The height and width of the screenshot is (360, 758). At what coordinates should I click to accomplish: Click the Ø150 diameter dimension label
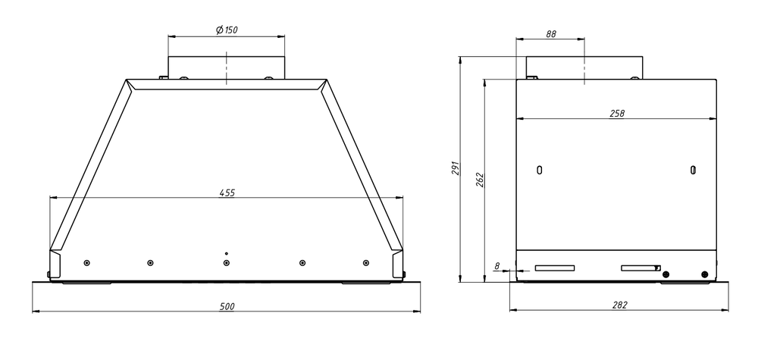(x=227, y=30)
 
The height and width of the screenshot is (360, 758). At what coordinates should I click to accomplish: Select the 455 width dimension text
(x=227, y=193)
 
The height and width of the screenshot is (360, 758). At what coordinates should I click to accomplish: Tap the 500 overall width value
(x=227, y=306)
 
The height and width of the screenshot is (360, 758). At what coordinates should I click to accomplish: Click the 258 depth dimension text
(x=616, y=113)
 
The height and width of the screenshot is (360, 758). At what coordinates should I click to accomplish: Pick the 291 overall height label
(x=456, y=168)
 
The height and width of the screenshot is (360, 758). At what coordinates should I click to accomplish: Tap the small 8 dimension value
(x=496, y=266)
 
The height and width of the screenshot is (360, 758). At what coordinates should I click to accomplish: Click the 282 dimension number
(x=619, y=305)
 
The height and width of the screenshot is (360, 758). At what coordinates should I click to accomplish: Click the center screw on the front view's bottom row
(x=227, y=262)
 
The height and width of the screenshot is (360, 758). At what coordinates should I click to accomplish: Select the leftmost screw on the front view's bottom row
(x=87, y=262)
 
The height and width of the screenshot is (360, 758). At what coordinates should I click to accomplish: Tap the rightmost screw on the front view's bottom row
(x=365, y=262)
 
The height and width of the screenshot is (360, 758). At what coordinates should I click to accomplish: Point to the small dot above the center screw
(x=227, y=252)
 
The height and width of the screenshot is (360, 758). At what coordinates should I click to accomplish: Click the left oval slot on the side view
(x=539, y=170)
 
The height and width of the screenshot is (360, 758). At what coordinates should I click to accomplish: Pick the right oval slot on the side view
(x=693, y=170)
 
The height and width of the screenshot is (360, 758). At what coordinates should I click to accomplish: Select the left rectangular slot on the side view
(x=555, y=268)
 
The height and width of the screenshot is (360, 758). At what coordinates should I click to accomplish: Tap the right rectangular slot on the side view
(x=641, y=268)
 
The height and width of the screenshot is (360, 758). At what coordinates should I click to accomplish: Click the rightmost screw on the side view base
(x=705, y=274)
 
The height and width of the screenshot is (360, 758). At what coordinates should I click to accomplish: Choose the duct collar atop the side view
(x=579, y=67)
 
